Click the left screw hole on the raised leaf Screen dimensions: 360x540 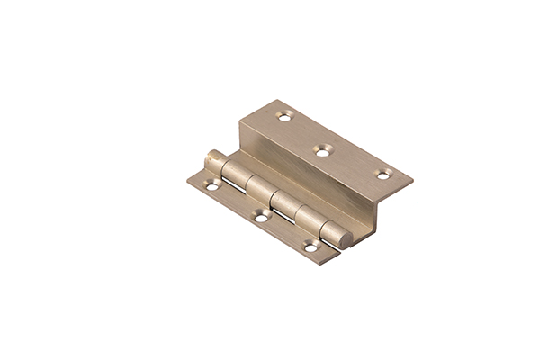(x=285, y=117)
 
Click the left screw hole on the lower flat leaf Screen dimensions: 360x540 (x=211, y=186)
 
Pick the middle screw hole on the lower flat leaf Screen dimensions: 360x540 (x=260, y=218)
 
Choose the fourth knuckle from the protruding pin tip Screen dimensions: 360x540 (x=309, y=216)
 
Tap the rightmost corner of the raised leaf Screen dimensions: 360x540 (x=413, y=175)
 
